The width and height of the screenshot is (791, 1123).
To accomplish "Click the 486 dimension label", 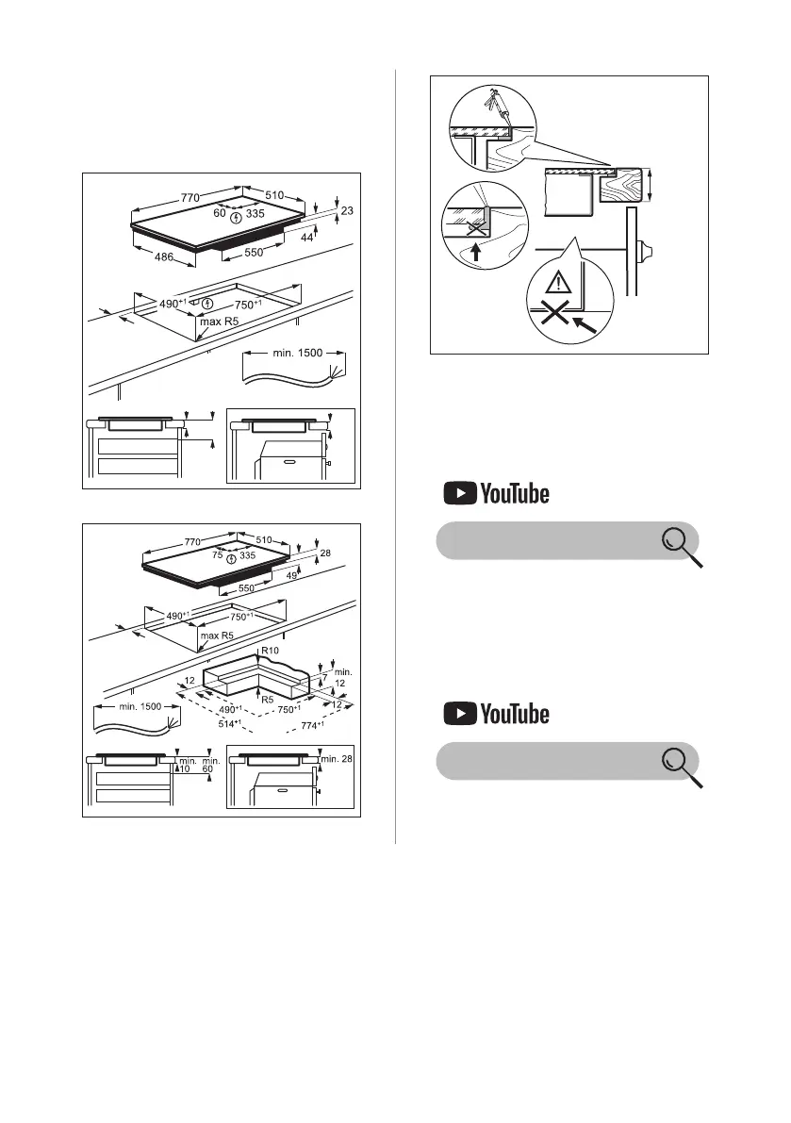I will coord(149,257).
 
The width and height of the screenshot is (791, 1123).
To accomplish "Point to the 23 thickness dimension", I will coord(347,211).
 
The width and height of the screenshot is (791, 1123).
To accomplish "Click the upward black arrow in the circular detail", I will coord(474,251).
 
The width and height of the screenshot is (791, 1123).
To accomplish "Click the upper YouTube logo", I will coord(494,493).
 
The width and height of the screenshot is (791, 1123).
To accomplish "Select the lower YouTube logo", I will coord(494,714).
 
